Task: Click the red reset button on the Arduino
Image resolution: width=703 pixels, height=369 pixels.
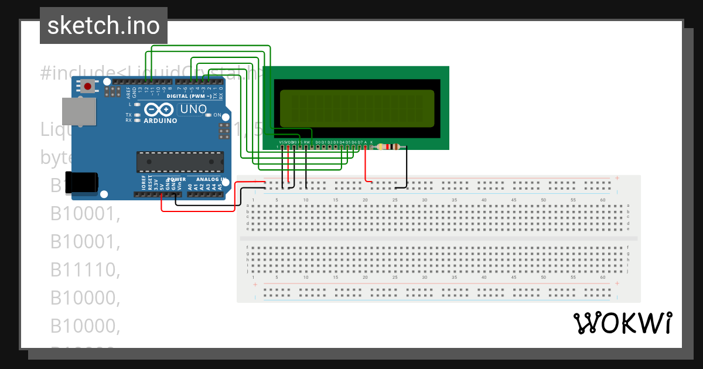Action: (88, 87)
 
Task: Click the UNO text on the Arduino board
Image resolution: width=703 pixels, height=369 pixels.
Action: (193, 109)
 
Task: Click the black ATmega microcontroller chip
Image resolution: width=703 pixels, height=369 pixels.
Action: (180, 161)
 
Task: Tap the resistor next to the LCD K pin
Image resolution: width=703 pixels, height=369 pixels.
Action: (390, 147)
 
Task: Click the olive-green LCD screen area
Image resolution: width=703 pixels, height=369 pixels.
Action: (357, 108)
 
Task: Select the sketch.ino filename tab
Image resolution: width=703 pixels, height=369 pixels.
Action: (104, 26)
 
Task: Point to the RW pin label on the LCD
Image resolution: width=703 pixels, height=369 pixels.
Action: (306, 142)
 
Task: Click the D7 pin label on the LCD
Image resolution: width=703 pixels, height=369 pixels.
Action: (360, 142)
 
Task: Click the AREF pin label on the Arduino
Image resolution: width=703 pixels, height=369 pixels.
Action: (128, 90)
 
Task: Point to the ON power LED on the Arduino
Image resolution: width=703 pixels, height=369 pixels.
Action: (216, 115)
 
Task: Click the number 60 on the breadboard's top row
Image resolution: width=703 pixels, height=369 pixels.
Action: (603, 200)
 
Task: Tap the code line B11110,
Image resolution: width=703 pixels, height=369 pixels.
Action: (85, 269)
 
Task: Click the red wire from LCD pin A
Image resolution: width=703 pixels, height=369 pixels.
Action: (366, 167)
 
